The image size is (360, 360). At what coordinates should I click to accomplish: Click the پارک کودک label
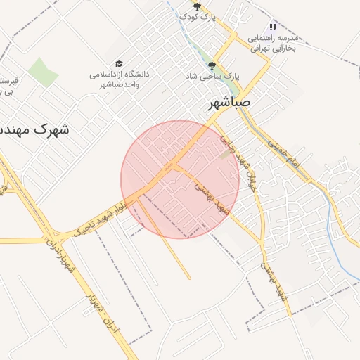[x=198, y=16]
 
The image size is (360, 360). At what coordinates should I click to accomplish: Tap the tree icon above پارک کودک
[x=198, y=6]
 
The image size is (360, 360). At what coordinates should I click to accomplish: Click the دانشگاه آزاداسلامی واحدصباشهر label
[x=119, y=79]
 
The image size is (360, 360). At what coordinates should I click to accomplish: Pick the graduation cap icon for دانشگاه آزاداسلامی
[x=118, y=64]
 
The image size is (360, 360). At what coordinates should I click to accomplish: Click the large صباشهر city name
[x=229, y=103]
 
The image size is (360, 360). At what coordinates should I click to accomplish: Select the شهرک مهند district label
[x=32, y=129]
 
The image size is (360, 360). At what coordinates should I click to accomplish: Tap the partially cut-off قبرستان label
[x=8, y=86]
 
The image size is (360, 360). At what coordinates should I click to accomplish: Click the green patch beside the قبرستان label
[x=44, y=73]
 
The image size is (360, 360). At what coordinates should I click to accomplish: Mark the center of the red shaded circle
[x=180, y=179]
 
